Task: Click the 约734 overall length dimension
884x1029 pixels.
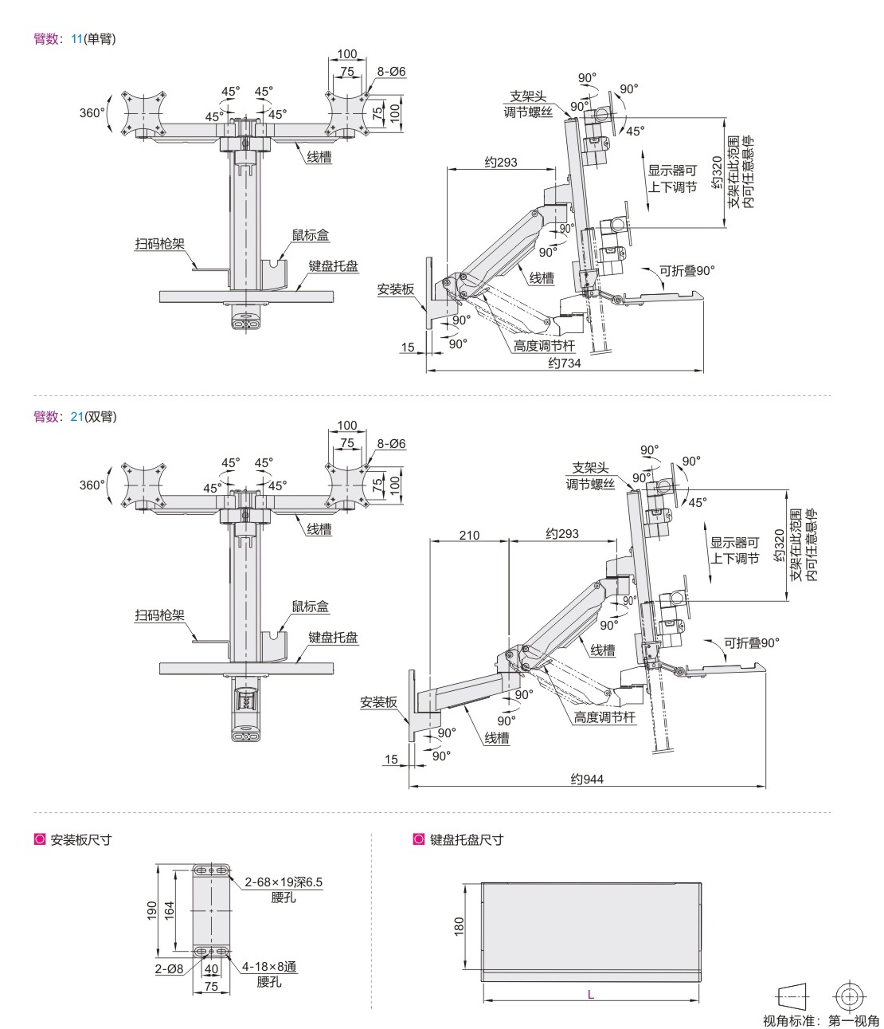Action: [564, 363]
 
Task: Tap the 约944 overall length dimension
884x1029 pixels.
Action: [587, 779]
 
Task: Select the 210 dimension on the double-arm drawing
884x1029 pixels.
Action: [469, 535]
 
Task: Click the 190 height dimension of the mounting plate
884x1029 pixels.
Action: [152, 910]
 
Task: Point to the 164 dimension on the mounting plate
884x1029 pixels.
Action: [170, 910]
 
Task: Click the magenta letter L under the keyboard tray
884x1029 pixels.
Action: [590, 995]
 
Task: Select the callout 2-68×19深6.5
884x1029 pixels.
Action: [284, 882]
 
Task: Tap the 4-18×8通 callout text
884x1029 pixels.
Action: [269, 967]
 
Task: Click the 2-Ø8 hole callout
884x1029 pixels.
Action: [169, 968]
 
